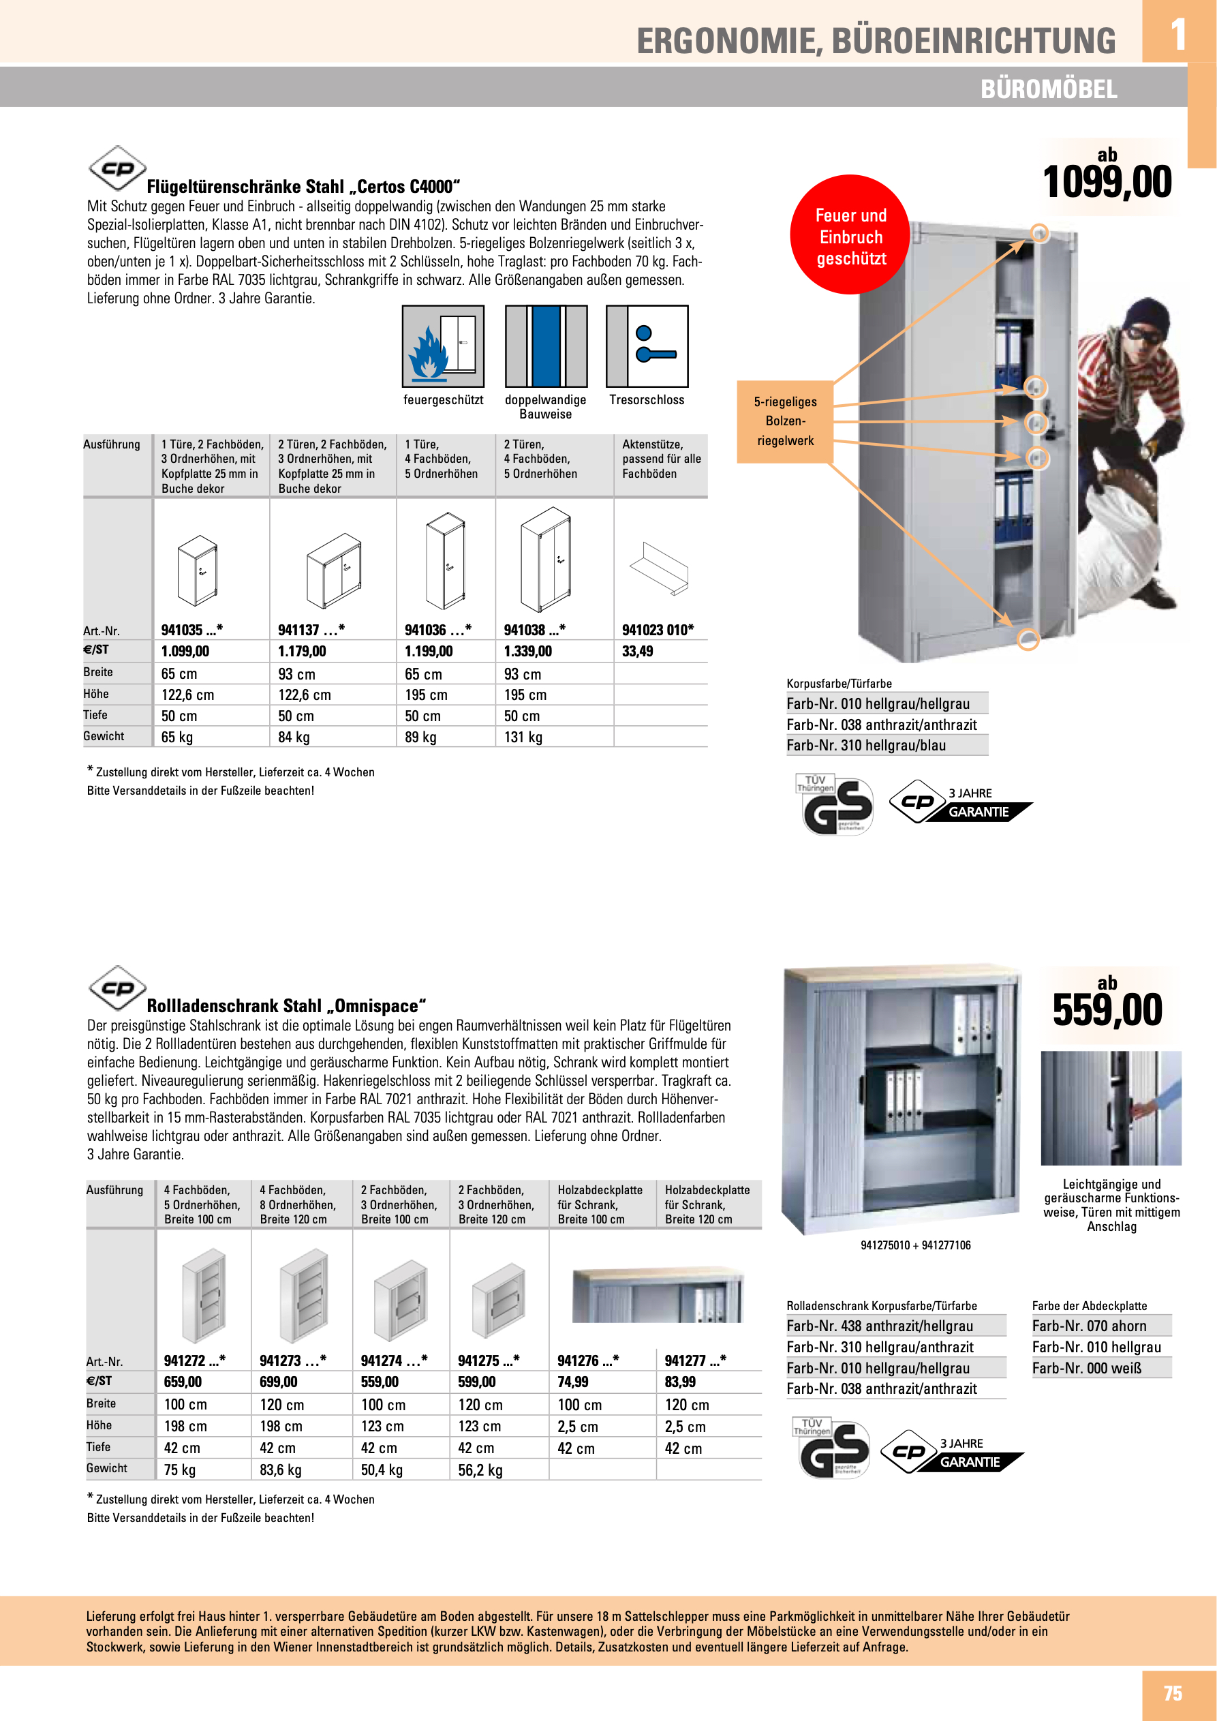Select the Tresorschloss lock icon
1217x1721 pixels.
(646, 346)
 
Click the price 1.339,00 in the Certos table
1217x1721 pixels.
(527, 652)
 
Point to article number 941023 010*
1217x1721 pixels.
(657, 630)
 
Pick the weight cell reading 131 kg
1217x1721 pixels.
(523, 737)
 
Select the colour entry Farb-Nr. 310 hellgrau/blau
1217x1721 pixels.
(865, 745)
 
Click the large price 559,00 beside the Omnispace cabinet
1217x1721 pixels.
(1107, 1009)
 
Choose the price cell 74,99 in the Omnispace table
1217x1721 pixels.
(572, 1382)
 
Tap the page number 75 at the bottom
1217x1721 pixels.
(1172, 1693)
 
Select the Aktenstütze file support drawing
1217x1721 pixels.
(659, 568)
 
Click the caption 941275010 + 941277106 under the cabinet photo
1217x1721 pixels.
(915, 1245)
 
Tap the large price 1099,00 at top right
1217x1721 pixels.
(1107, 182)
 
